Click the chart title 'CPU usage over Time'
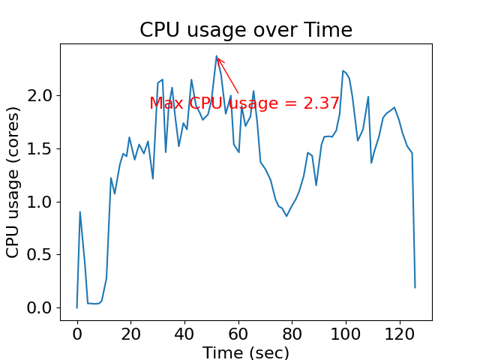(246, 30)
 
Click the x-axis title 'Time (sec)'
(246, 352)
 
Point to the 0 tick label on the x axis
(76, 333)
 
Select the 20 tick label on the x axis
(130, 333)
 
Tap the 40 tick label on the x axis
(184, 333)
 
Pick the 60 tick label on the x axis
(238, 333)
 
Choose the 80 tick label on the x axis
(292, 333)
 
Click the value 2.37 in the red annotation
(321, 103)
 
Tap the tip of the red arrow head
(217, 57)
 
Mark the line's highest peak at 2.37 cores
(217, 55)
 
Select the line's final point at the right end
(415, 287)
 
